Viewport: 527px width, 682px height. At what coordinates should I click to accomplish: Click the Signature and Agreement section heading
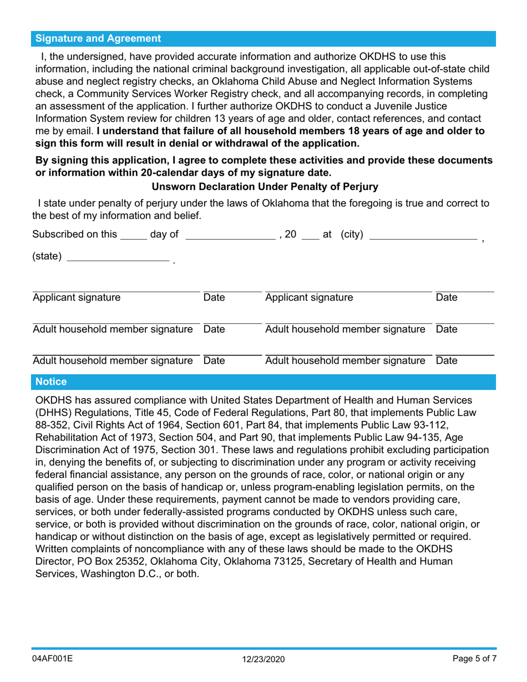tap(98, 38)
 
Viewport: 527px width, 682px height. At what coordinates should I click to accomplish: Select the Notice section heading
tap(51, 382)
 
